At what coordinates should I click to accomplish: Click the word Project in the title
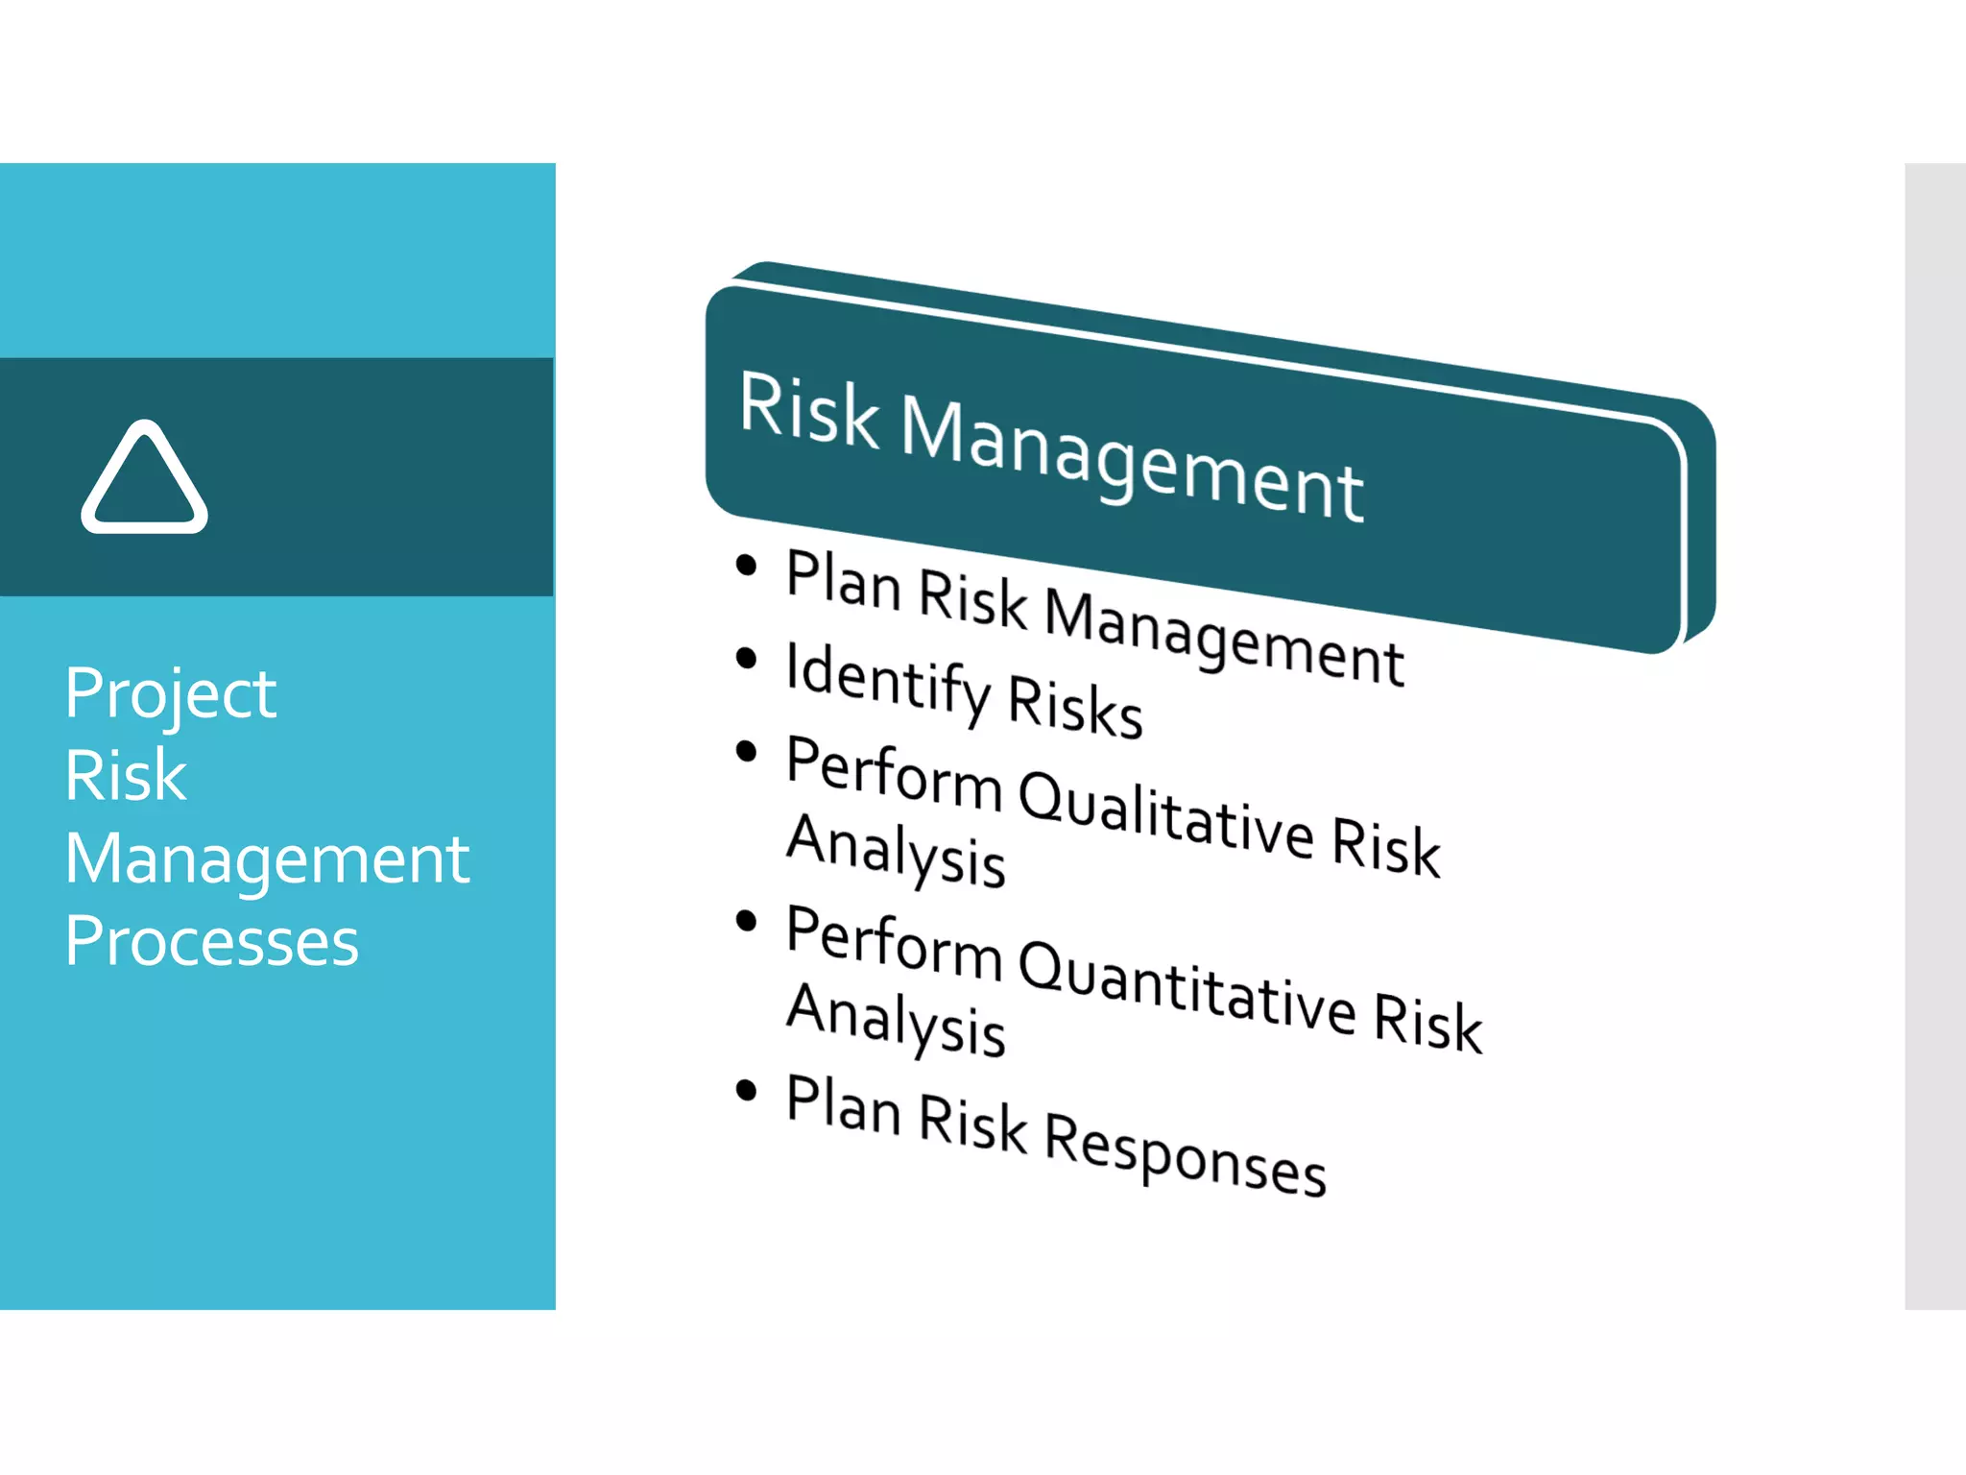171,693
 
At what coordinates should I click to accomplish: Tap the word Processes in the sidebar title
211,941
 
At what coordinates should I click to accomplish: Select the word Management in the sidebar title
267,858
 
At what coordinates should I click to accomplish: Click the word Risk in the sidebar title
125,776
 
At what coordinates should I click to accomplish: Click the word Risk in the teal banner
808,411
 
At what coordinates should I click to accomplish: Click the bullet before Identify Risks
746,659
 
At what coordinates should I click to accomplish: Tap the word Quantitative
1187,989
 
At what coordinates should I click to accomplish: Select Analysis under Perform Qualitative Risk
895,849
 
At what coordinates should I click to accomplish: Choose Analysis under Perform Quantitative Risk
895,1020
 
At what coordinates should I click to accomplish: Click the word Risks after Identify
1075,706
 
